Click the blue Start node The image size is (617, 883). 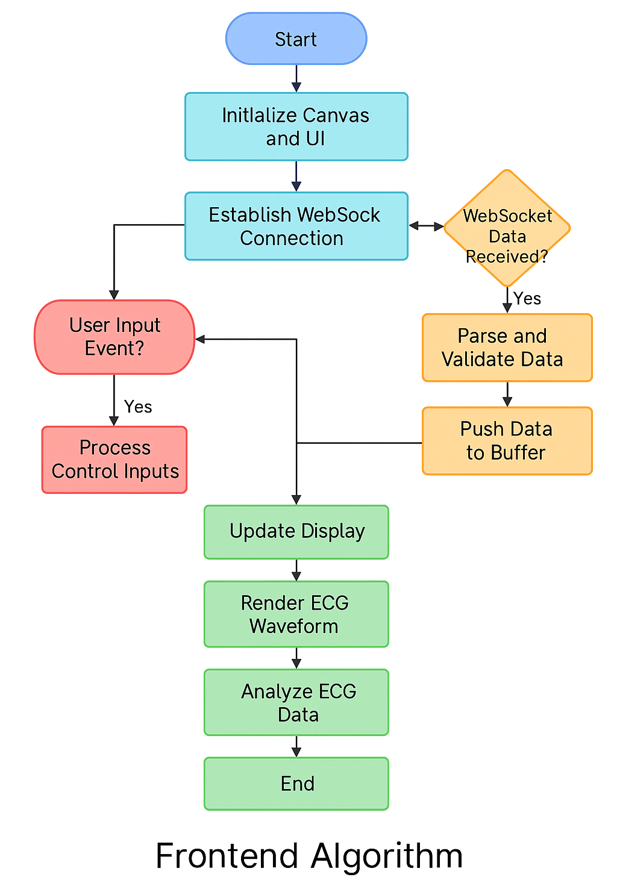point(296,39)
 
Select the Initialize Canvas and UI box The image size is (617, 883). point(296,126)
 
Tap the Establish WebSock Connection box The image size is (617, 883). point(296,226)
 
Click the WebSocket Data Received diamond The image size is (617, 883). point(507,228)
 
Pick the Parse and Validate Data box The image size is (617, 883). point(507,348)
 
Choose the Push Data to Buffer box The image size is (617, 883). point(507,441)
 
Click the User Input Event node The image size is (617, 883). point(114,337)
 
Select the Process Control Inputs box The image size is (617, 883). point(114,460)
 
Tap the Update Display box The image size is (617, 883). point(296,532)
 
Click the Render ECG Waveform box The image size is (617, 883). point(296,614)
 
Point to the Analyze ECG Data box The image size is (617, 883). point(296,702)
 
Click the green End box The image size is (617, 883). point(296,784)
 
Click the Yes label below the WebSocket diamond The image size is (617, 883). point(527,299)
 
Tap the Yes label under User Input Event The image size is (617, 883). point(138,407)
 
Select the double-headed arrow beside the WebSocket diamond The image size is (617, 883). point(426,226)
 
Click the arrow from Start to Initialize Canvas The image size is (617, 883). point(296,78)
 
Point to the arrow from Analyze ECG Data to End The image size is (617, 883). point(296,746)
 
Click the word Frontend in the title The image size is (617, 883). point(227,856)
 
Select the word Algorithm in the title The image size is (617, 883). point(387,856)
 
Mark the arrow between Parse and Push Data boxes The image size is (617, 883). point(507,394)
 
